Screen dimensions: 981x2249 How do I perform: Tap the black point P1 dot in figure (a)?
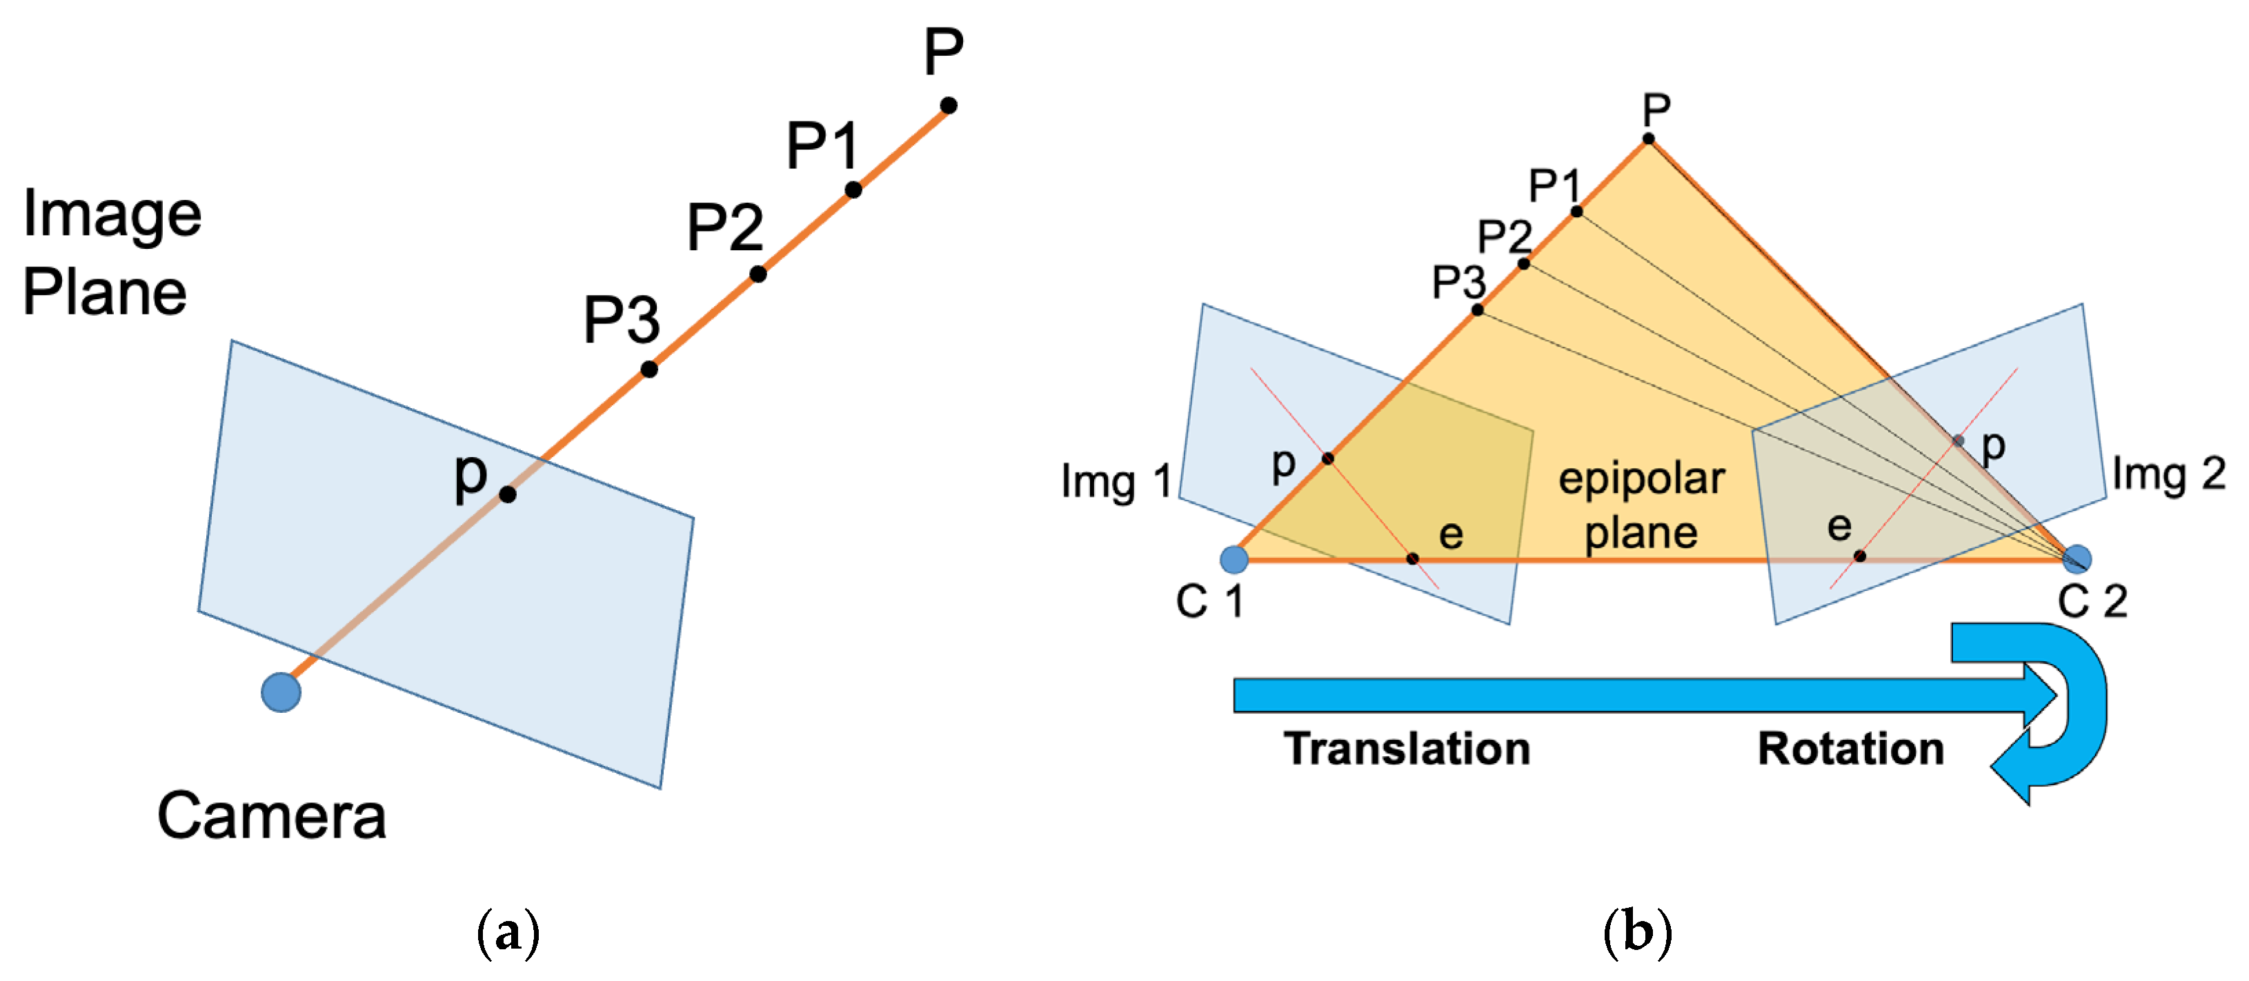[853, 190]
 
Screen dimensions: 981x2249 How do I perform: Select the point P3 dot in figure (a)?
[648, 370]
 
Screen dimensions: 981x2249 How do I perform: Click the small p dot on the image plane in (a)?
[507, 495]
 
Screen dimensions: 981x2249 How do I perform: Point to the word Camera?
[272, 816]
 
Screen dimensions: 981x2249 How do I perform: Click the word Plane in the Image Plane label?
[104, 292]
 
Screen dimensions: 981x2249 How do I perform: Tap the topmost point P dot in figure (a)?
[948, 105]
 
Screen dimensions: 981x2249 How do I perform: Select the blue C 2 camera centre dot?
[2077, 558]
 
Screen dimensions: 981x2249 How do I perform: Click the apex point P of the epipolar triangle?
[1648, 139]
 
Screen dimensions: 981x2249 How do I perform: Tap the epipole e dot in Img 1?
[1413, 558]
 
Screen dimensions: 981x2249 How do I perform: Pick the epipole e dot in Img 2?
[1860, 556]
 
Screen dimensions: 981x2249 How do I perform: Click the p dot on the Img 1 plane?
[1327, 458]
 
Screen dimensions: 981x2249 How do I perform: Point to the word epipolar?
[1641, 479]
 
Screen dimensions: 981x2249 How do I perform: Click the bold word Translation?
[1407, 749]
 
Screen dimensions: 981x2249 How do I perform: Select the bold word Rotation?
[1851, 749]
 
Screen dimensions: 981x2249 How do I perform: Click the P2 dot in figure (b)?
[1523, 263]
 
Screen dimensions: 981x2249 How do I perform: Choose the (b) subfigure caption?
[1637, 933]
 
